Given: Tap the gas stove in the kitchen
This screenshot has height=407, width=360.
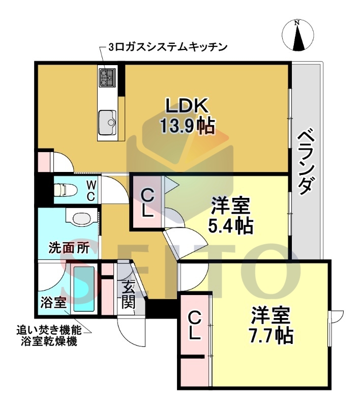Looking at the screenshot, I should coord(107,77).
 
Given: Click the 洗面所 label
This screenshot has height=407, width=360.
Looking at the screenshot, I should coord(69,248).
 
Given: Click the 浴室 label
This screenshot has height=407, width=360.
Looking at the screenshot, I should coord(53,303).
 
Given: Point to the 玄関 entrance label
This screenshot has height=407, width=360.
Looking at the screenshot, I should coord(128,296).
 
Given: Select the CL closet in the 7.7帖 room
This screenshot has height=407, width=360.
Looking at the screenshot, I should coord(195,326).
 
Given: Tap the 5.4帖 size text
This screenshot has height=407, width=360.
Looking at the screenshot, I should coord(230,224).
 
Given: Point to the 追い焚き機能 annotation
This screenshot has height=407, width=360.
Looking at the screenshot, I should coord(45,331).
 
